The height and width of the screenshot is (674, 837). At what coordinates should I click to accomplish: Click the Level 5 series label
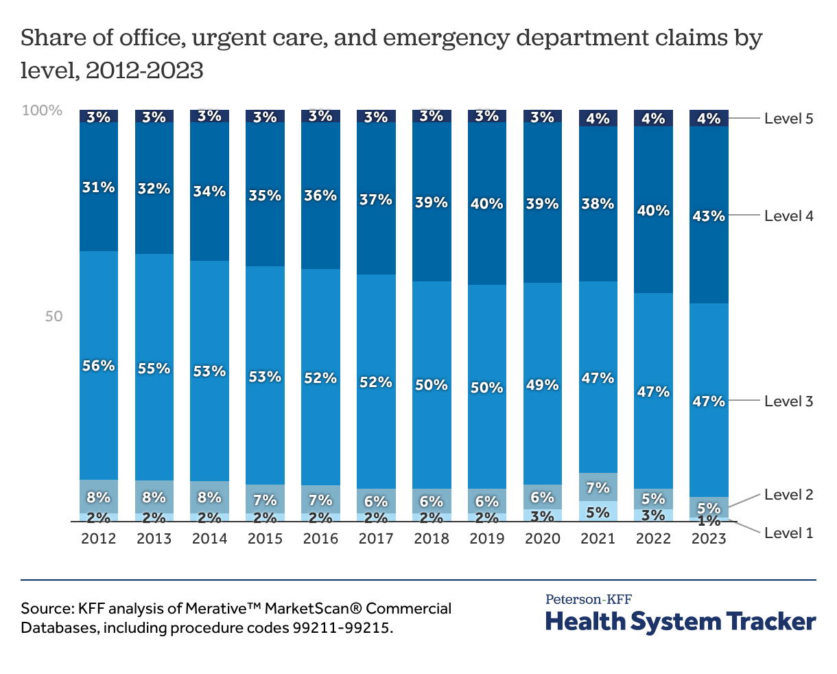pos(788,119)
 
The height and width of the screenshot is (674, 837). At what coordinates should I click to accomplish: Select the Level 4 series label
pos(788,216)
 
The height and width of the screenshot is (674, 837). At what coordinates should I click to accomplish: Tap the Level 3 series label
pos(788,401)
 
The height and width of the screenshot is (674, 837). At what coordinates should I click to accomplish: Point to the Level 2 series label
pos(788,495)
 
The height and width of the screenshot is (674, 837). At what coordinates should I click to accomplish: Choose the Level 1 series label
pos(788,533)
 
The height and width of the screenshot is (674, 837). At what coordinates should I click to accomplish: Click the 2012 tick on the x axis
pos(99,539)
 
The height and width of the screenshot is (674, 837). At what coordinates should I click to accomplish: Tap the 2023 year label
pos(709,539)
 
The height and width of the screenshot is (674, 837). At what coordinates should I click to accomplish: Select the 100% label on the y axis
pos(43,111)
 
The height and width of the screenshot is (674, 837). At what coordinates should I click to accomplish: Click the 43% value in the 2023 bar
pos(709,216)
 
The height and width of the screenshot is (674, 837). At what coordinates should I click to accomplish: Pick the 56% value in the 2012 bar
pos(99,366)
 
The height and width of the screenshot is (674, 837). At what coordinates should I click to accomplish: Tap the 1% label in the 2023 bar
pos(709,520)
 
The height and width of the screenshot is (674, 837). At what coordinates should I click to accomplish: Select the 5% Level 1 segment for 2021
pos(598,511)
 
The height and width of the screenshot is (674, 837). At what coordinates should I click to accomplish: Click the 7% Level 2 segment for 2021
pos(598,487)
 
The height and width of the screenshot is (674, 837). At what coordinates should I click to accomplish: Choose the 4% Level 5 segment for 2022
pos(653,118)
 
